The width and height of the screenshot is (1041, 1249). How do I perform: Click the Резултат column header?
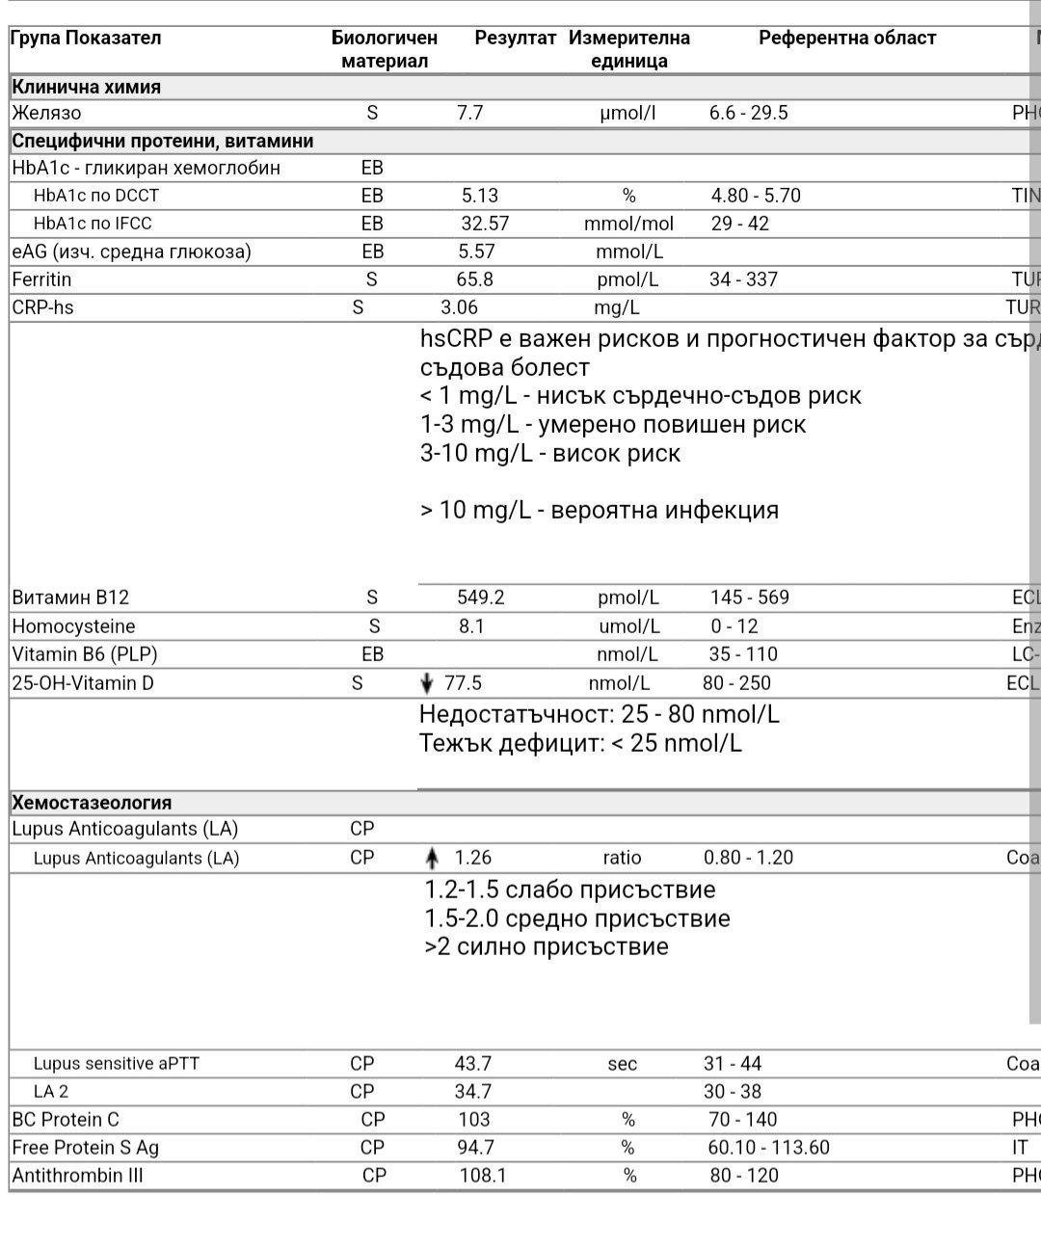(515, 39)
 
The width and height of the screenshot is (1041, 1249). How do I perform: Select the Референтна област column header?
(847, 39)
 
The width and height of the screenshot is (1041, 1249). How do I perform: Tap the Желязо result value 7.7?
(469, 113)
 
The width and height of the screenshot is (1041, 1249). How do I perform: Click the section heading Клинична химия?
(87, 87)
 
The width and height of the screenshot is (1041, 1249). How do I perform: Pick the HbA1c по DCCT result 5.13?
(480, 196)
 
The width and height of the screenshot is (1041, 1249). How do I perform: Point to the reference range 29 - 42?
(740, 224)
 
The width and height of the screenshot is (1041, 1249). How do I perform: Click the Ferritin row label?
(41, 279)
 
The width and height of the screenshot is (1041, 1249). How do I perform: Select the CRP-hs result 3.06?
(459, 307)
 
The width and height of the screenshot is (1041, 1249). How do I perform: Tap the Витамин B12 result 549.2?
(480, 598)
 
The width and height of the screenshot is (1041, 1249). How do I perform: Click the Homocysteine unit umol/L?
(628, 626)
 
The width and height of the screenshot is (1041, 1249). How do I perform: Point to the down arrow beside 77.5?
(428, 684)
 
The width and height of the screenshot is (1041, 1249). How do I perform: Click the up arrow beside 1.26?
(432, 859)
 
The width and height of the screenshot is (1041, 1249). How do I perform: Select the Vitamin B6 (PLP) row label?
(85, 654)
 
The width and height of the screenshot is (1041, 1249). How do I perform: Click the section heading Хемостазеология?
(92, 803)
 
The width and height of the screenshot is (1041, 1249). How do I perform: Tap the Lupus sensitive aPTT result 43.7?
(472, 1064)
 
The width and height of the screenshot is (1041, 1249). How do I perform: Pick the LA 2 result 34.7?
(472, 1092)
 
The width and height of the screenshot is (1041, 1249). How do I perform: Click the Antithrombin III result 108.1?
(484, 1176)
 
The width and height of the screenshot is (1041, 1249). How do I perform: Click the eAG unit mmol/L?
(628, 252)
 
